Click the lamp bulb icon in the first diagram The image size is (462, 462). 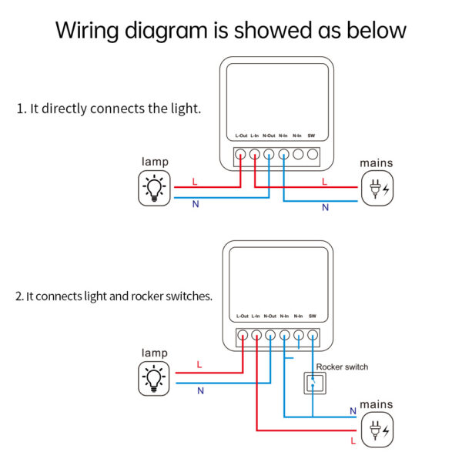tap(155, 189)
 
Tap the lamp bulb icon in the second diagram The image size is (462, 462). tap(155, 378)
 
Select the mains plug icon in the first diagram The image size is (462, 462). tap(377, 189)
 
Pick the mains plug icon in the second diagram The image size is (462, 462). tap(377, 430)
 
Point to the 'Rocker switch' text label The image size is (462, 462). tap(342, 367)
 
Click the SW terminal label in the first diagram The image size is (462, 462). tap(311, 136)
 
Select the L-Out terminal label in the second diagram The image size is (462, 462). tap(242, 316)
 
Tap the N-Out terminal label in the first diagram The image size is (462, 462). tap(269, 136)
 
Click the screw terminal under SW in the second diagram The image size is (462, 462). tap(313, 335)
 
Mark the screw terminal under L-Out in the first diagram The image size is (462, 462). tap(240, 154)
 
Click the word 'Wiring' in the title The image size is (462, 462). tap(87, 31)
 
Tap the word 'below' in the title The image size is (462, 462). tap(373, 31)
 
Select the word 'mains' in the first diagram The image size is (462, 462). tap(376, 163)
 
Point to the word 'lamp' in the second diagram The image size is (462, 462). tap(154, 353)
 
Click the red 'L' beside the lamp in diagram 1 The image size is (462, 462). tap(194, 182)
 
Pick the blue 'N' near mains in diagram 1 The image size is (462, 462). tap(325, 207)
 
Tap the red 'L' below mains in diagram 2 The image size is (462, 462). tap(353, 441)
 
